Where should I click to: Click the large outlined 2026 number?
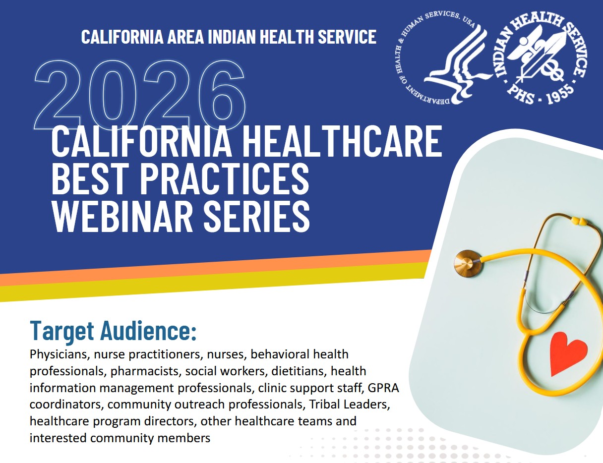click(139, 94)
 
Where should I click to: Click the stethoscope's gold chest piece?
click(468, 263)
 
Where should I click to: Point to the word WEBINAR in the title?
click(122, 217)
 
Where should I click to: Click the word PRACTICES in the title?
click(225, 178)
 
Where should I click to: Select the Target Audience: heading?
click(113, 330)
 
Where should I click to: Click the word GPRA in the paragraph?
click(383, 388)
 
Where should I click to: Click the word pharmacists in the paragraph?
click(146, 371)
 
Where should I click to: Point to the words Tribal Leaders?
click(350, 405)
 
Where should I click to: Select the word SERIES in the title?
click(257, 217)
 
